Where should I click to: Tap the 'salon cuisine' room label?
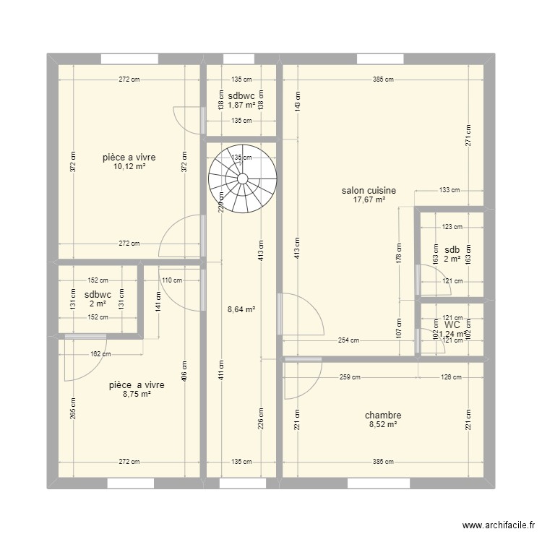click(369, 191)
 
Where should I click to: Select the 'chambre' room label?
click(383, 416)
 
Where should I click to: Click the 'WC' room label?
click(452, 325)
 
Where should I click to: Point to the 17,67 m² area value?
click(369, 200)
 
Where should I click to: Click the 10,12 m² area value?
click(129, 166)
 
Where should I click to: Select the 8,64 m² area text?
click(242, 309)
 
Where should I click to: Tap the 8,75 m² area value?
click(136, 395)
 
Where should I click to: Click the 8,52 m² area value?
click(383, 425)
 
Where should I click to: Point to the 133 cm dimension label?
click(449, 191)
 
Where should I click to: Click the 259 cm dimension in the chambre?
click(350, 377)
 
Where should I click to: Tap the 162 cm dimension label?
click(101, 354)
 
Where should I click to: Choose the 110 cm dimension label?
click(171, 280)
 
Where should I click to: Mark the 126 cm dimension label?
click(451, 377)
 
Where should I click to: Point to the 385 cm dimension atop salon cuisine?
click(383, 79)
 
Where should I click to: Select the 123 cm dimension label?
click(452, 227)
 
